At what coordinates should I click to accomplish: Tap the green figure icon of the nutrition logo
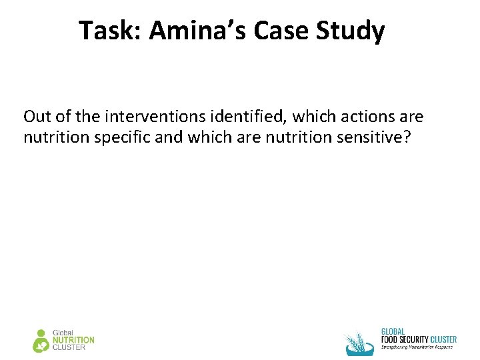tap(41, 340)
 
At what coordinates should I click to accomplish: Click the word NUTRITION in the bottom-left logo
tap(73, 340)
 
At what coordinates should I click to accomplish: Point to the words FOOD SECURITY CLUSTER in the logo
tap(419, 339)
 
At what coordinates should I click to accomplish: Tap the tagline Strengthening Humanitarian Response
tap(417, 347)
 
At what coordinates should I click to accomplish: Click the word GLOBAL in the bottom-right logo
tap(393, 331)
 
